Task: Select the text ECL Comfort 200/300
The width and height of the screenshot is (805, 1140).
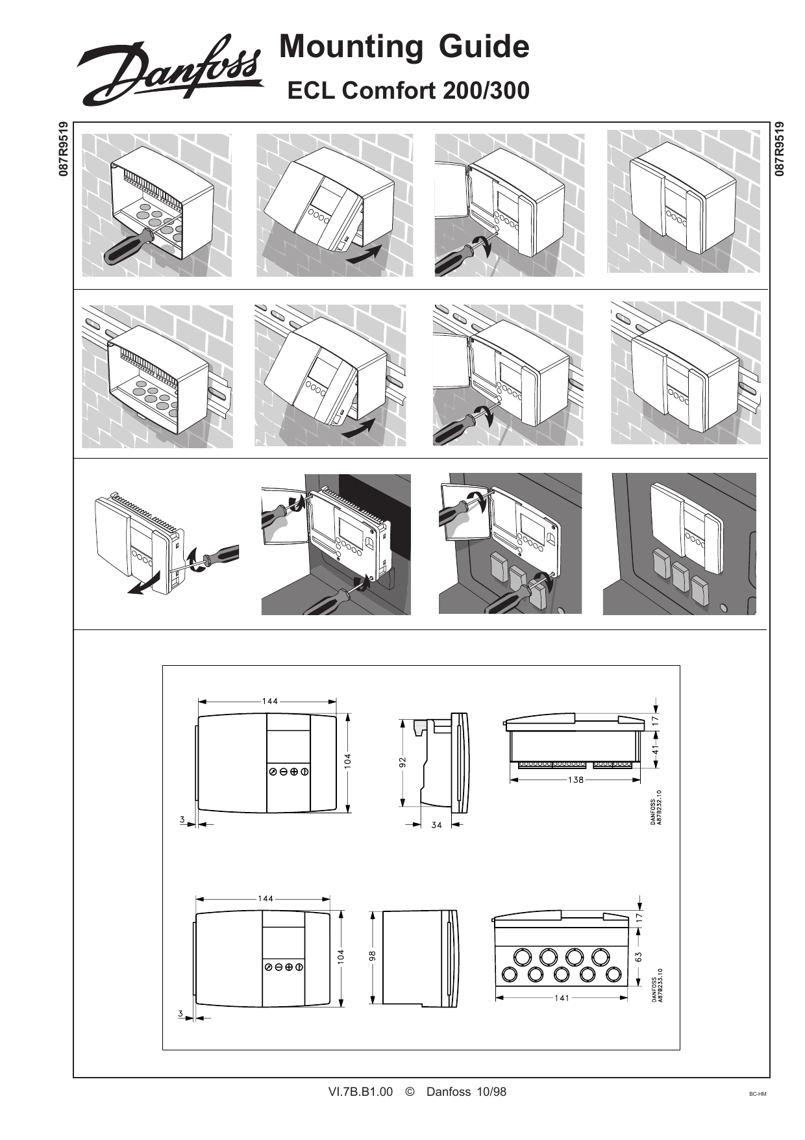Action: pos(408,91)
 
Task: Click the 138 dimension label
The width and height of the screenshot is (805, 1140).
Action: pos(575,779)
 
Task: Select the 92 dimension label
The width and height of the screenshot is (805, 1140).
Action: pos(402,761)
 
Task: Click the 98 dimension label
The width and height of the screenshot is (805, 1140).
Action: pos(372,956)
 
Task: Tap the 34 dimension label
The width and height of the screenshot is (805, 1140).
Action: pos(436,826)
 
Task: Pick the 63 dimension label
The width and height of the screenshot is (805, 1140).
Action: pos(639,957)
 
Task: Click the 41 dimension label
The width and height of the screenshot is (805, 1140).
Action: pos(656,749)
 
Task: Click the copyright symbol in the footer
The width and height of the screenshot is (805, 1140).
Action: pos(410,1092)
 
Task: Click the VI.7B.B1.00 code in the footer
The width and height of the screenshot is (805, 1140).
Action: pos(361,1092)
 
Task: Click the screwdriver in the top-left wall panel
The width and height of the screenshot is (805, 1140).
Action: pos(127,246)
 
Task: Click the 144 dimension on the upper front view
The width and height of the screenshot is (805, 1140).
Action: pos(270,701)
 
